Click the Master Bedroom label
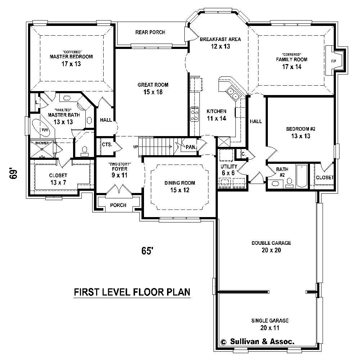pos(71,57)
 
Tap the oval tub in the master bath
pos(42,127)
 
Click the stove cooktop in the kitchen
pos(194,114)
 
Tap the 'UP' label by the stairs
pos(135,147)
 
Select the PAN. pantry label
pos(191,147)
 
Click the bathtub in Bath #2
pos(301,176)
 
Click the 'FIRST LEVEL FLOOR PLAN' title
pos(132,292)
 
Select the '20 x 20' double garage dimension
pos(271,250)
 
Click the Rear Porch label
pos(150,32)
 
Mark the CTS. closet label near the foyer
pos(107,145)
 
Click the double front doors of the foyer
pos(119,190)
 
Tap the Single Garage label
pos(270,320)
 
